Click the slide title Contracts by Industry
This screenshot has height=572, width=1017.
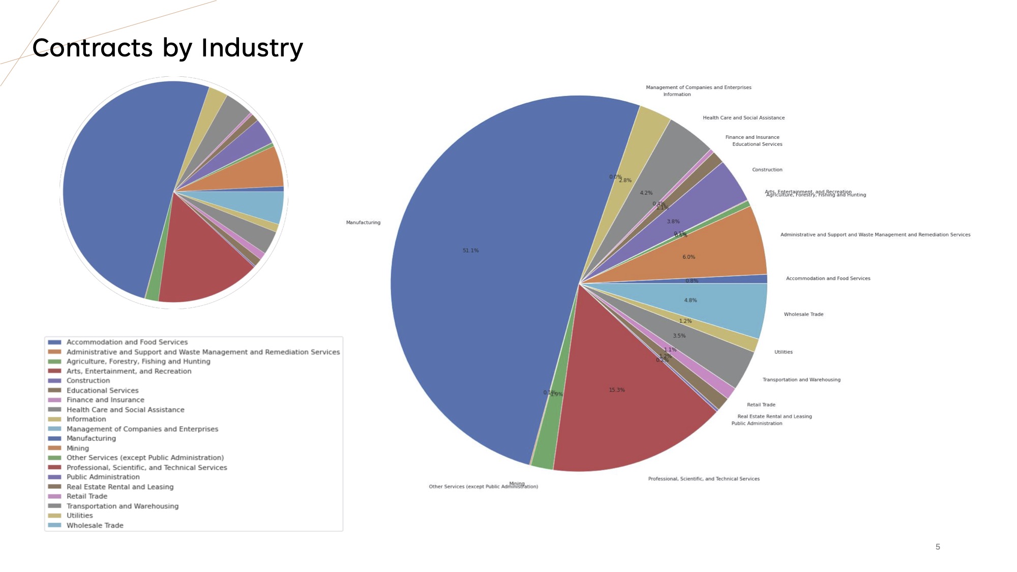(x=167, y=48)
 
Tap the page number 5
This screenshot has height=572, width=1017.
(x=938, y=547)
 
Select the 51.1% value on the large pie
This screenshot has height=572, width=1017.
(x=470, y=251)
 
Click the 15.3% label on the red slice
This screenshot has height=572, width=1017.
(x=617, y=390)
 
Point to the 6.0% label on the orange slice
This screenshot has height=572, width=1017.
(x=689, y=257)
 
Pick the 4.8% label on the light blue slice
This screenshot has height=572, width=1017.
(x=690, y=300)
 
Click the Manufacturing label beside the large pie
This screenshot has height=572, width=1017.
(x=363, y=223)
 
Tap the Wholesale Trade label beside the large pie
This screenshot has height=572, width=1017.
(x=803, y=314)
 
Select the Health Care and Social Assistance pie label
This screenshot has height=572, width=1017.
(x=743, y=118)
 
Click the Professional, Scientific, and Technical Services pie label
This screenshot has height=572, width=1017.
(x=704, y=479)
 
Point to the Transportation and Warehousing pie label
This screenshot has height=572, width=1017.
(x=801, y=380)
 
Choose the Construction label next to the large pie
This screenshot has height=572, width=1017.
(x=767, y=170)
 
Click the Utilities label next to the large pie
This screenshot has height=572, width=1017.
(x=783, y=352)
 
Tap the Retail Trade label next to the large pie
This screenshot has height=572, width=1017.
(x=761, y=405)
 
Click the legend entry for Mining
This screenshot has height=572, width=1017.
(x=78, y=448)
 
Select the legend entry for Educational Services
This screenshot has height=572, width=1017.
(x=102, y=390)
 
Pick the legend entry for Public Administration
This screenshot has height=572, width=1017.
(x=103, y=477)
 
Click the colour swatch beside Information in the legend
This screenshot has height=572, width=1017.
(x=54, y=419)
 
